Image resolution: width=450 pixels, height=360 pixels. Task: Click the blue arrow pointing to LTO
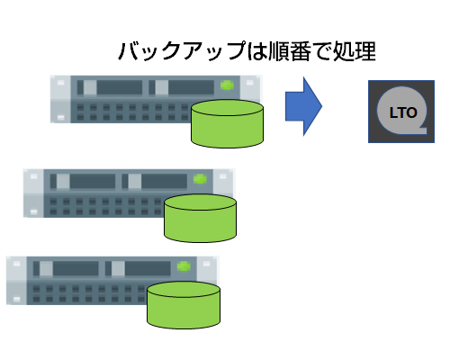point(303,106)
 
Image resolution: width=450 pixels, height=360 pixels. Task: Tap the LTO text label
point(403,112)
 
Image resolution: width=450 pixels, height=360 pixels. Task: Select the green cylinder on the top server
point(228,124)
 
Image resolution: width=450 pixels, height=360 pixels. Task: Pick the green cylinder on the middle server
point(201,218)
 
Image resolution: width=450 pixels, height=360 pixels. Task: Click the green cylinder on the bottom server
point(184,305)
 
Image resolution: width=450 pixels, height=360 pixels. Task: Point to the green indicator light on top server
point(227,85)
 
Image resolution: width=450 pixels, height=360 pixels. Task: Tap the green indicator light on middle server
point(200,179)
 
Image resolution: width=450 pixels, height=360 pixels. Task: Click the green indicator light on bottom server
point(184,266)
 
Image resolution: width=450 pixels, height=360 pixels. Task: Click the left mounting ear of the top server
point(60,99)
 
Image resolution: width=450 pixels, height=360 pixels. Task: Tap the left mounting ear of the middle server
point(33,193)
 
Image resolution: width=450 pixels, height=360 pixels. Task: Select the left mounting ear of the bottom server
point(17,281)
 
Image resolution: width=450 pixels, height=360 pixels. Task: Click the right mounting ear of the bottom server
point(207,269)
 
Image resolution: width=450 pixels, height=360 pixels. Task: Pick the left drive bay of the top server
point(110,87)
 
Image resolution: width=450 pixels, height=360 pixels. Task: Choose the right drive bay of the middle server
point(155,181)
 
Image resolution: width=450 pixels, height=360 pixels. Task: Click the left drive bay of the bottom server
point(66,268)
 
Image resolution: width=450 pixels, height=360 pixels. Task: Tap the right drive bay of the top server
point(182,87)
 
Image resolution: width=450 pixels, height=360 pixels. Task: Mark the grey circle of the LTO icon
point(402,111)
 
